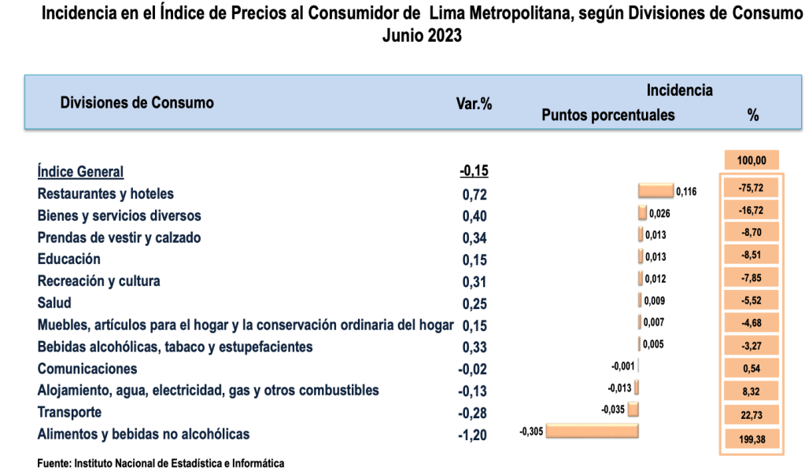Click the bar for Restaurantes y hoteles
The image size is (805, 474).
[x=655, y=191]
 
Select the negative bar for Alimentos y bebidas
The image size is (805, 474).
[x=591, y=431]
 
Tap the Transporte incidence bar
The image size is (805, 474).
[x=633, y=409]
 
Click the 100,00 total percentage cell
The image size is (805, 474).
[x=751, y=160]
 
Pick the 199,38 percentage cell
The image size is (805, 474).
[x=751, y=440]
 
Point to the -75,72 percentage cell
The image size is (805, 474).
[x=751, y=189]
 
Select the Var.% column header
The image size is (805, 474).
[x=475, y=103]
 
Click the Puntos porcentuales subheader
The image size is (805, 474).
[x=608, y=115]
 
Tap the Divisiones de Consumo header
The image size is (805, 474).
[x=137, y=102]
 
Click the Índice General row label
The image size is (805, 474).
[x=80, y=171]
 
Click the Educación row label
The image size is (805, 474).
[x=69, y=259]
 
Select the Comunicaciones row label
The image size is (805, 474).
[x=87, y=369]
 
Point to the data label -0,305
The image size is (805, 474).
[x=531, y=431]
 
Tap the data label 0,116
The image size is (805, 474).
[x=687, y=192]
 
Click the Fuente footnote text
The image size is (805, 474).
[x=161, y=463]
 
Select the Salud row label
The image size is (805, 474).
[x=54, y=303]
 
